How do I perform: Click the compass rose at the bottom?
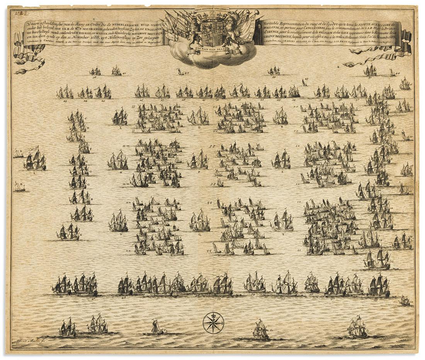click(x=213, y=323)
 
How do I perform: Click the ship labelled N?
click(x=118, y=222)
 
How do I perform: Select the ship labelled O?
click(x=198, y=116)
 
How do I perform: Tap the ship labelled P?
click(x=198, y=160)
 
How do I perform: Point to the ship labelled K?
click(x=68, y=232)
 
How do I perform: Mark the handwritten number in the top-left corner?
click(x=18, y=13)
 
